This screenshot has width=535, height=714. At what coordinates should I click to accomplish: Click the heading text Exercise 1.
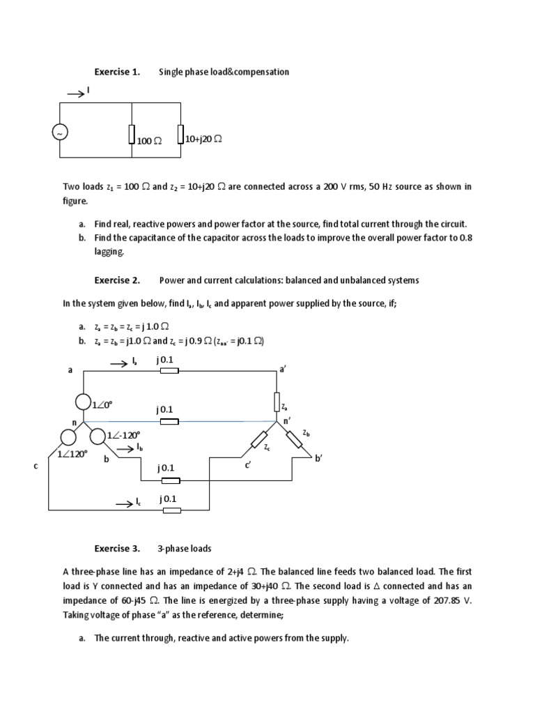tap(117, 72)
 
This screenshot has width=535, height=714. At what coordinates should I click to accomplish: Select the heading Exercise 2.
tap(117, 280)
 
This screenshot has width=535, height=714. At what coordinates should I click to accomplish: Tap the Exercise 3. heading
tap(117, 549)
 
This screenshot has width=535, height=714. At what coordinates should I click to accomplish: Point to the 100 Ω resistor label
tap(149, 141)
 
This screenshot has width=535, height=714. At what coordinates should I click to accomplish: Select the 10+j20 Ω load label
tap(203, 139)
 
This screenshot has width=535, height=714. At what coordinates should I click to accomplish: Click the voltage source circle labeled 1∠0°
tap(84, 403)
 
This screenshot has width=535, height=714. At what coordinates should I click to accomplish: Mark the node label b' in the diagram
tap(320, 458)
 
